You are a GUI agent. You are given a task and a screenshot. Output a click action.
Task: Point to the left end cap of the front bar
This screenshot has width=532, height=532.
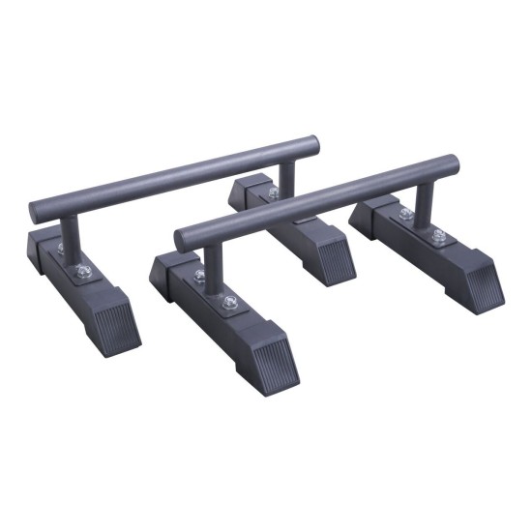[183, 236]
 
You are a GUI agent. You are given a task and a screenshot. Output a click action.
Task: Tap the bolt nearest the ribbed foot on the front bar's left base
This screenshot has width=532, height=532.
[229, 303]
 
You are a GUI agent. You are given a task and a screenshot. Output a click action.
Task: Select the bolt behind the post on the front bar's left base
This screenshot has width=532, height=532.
[198, 277]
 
